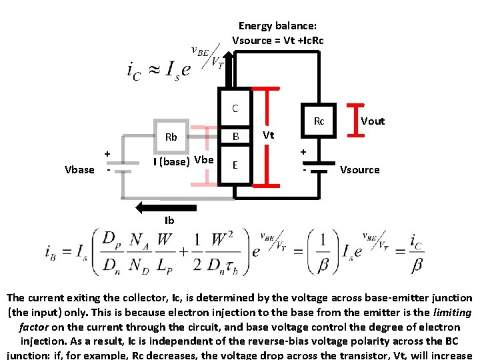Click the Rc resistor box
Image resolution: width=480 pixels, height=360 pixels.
tap(319, 121)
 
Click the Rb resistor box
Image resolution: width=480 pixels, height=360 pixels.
tap(171, 137)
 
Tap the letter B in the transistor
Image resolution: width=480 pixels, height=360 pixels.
tap(235, 137)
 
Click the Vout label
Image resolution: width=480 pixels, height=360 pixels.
tap(373, 121)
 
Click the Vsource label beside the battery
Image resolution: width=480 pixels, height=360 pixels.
tap(359, 169)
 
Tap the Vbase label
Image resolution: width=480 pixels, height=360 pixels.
tap(79, 169)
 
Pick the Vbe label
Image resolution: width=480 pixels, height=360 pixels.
tap(203, 160)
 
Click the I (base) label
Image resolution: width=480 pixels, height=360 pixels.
tap(171, 161)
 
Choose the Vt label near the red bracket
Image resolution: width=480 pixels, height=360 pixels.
tap(268, 135)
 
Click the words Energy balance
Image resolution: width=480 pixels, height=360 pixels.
tap(277, 26)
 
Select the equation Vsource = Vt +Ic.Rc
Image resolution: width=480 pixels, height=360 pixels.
tap(277, 40)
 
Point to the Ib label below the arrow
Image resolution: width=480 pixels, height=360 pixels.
tap(169, 221)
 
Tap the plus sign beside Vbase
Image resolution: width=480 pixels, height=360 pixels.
tap(107, 154)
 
